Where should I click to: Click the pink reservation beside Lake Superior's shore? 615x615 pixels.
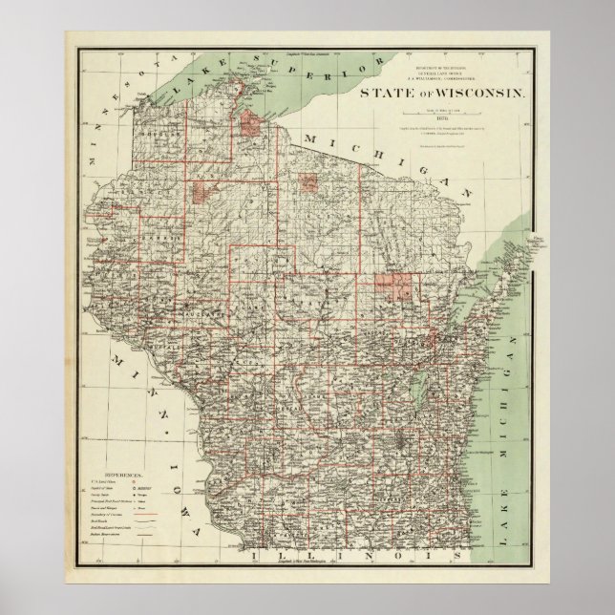tap(253, 123)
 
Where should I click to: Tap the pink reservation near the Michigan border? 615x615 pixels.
tap(310, 183)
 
